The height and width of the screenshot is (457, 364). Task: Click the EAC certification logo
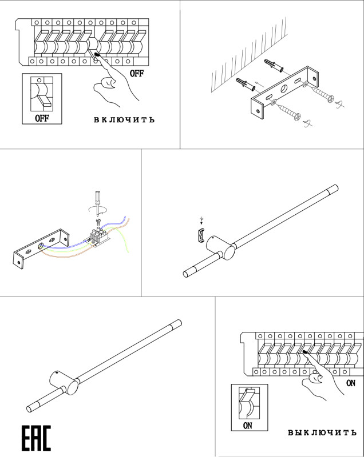coord(36,438)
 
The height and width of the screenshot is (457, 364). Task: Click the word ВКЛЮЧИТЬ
coord(124,120)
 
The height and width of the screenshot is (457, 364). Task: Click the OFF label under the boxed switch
coord(42,119)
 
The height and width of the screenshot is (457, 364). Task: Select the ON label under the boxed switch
coord(248,426)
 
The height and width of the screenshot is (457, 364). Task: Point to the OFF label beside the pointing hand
coord(136,73)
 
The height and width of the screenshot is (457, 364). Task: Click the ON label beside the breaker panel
coord(350,383)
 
